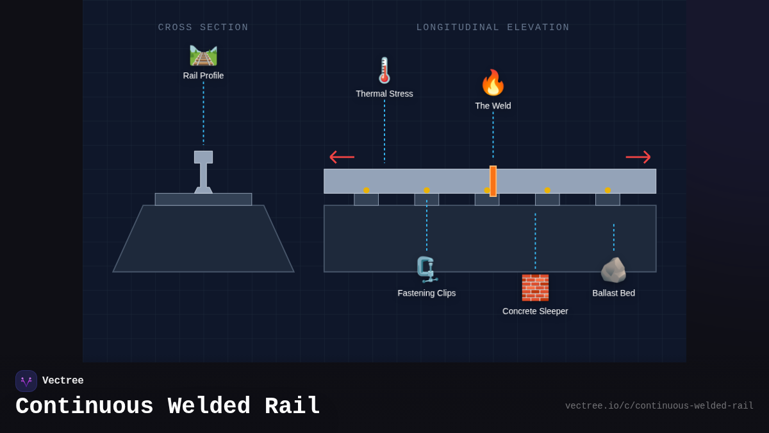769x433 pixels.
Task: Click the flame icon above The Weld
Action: point(493,83)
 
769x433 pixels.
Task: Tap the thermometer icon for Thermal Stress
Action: point(384,71)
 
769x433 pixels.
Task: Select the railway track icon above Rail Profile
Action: point(203,55)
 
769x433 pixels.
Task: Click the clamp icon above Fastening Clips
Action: point(426,269)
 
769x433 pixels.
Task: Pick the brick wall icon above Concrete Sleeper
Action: point(535,287)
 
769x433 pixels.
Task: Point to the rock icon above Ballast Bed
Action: point(613,270)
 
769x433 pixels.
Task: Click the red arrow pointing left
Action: point(342,157)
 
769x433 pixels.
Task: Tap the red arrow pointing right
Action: point(638,157)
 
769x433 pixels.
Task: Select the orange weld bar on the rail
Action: point(493,181)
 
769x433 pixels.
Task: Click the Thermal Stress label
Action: point(384,94)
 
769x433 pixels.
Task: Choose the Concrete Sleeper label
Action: point(535,311)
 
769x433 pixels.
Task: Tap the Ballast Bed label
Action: point(613,293)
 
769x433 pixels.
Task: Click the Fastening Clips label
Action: point(426,293)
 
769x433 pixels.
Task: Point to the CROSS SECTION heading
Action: point(203,28)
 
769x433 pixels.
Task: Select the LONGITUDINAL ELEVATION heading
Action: point(493,28)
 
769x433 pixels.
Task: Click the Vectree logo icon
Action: point(26,381)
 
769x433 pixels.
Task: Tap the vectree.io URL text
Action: point(659,406)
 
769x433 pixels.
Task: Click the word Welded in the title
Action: point(209,407)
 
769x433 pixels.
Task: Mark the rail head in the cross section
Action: point(203,157)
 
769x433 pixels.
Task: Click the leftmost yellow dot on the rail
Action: point(366,190)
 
